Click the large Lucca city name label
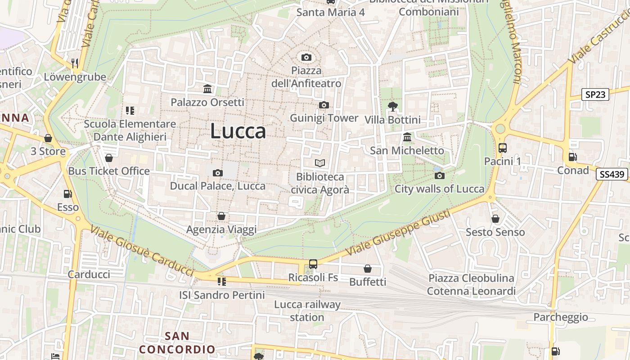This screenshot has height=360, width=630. click(x=238, y=131)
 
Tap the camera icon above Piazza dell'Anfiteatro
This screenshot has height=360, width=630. click(x=306, y=57)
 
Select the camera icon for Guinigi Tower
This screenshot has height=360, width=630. click(x=324, y=105)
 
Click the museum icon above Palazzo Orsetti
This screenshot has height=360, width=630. click(x=207, y=89)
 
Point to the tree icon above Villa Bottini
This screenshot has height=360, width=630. click(x=392, y=107)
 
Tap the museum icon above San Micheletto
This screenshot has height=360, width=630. click(x=407, y=137)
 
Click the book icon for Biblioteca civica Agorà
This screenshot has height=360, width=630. click(x=319, y=163)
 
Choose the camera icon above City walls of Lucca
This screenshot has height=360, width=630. click(x=440, y=175)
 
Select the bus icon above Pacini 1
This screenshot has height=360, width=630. click(x=503, y=148)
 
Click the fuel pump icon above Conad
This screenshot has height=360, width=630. click(x=573, y=157)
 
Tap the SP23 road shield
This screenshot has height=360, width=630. click(x=595, y=94)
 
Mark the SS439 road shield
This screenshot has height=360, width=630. click(x=612, y=174)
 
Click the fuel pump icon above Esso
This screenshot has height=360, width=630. click(x=67, y=194)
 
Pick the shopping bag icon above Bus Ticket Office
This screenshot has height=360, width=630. click(x=108, y=158)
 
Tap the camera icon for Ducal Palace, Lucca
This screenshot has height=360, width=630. click(x=218, y=173)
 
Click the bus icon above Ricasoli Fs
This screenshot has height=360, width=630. click(x=313, y=264)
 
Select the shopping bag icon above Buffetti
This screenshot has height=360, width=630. click(x=368, y=269)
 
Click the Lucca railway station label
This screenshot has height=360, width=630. click(x=307, y=310)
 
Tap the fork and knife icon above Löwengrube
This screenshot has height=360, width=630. click(x=75, y=63)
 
